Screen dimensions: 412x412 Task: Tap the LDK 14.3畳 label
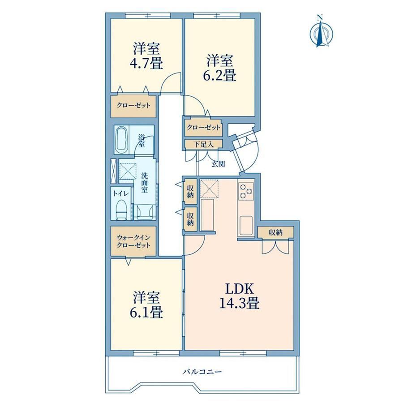coord(240,296)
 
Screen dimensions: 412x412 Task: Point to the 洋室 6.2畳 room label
coord(220,68)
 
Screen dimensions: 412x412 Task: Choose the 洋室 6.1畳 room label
coord(146,305)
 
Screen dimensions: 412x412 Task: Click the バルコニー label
coord(202,372)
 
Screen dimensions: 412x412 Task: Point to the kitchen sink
coord(246,225)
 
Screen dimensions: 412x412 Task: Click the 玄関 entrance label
coord(218,164)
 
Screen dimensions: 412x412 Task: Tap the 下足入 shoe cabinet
coord(203,144)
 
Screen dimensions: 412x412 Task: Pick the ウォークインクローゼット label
coord(133,241)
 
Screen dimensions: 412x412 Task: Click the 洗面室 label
coord(144,182)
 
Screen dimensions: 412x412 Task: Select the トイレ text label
coord(120,193)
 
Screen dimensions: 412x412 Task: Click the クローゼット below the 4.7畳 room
coord(133,106)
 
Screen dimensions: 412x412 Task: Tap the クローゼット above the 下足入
coord(203,128)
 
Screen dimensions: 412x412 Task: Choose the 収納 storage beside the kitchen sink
coord(275,232)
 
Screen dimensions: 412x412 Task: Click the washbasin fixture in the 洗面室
coord(143,212)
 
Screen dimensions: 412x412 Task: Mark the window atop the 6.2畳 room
coord(217,16)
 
